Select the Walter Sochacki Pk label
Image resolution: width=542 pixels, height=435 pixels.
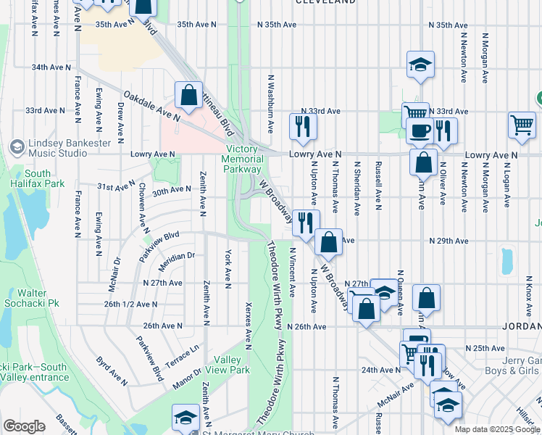(x=34, y=297)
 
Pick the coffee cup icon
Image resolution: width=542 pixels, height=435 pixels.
(x=420, y=130)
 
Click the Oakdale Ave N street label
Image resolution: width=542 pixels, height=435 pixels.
(x=151, y=106)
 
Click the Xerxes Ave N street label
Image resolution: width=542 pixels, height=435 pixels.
(x=249, y=322)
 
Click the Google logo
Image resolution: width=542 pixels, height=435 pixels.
(x=24, y=426)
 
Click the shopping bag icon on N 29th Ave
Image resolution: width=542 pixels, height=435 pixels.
(x=329, y=242)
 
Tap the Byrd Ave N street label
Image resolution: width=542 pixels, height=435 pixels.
(x=113, y=371)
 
